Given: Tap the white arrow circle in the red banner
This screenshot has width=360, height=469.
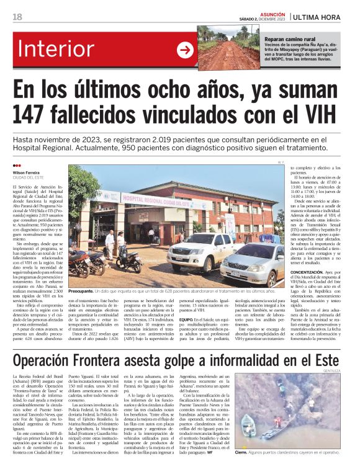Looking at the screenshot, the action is [x=186, y=50].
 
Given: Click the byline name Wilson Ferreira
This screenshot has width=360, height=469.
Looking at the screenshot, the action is [x=27, y=172].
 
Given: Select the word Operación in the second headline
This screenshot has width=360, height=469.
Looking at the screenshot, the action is [x=56, y=361].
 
